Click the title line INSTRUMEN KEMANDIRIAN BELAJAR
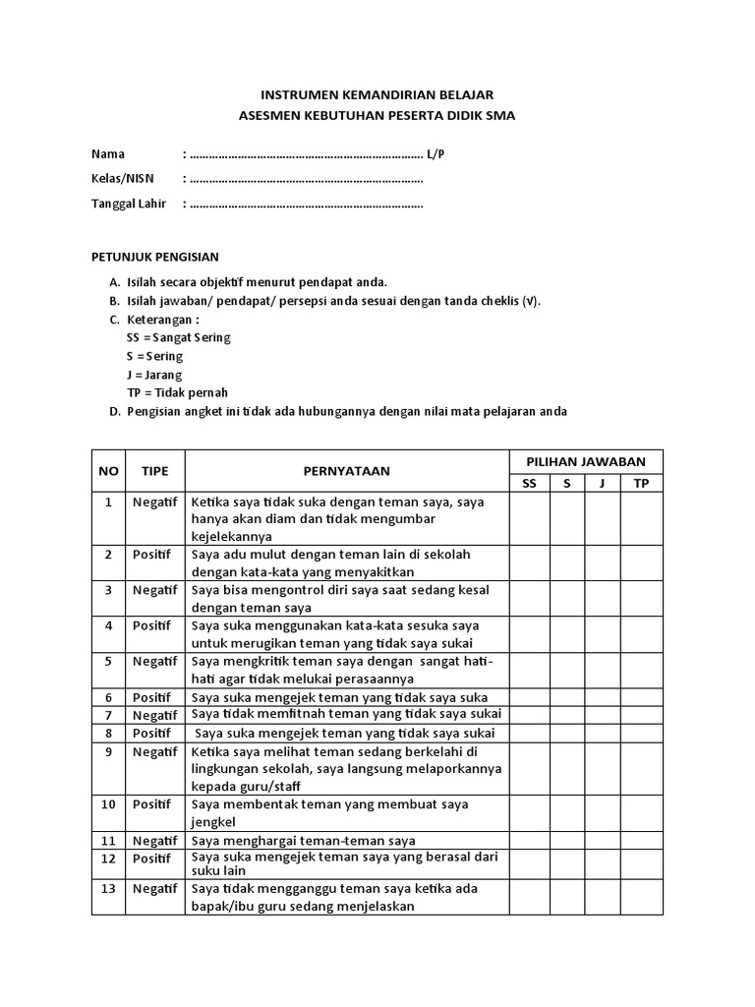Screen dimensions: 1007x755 [377, 94]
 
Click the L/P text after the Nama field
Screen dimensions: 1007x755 [436, 154]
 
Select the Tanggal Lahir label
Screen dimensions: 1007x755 [129, 204]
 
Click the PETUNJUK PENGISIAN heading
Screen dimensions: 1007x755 [155, 257]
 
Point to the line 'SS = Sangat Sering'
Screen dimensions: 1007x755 [179, 337]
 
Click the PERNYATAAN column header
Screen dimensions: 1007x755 [347, 471]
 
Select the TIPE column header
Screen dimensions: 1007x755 [155, 471]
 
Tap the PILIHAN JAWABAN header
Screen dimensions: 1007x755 [585, 460]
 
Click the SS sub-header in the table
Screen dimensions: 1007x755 [529, 483]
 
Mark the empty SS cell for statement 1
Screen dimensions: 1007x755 [529, 518]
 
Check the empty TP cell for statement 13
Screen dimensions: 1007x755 [641, 897]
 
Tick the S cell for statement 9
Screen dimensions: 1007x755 [567, 768]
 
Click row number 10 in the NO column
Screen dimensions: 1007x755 [109, 803]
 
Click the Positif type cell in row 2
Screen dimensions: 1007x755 [151, 555]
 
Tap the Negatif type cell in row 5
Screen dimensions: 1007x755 [155, 661]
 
